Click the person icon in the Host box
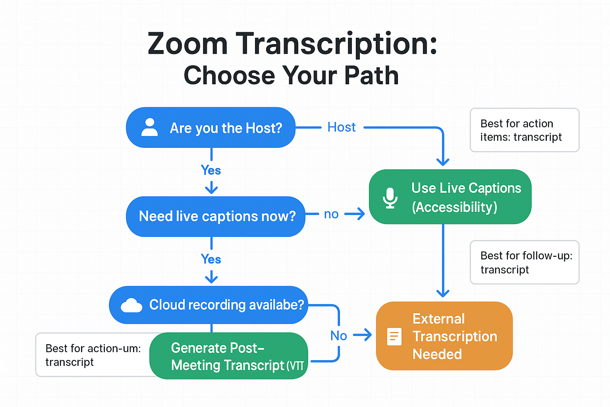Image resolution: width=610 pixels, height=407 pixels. click(x=149, y=127)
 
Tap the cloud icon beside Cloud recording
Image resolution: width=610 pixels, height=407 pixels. click(x=131, y=305)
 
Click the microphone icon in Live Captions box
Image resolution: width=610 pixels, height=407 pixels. click(x=390, y=198)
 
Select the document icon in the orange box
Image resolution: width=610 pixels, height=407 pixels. click(x=394, y=337)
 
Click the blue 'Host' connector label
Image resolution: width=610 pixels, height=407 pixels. click(x=341, y=127)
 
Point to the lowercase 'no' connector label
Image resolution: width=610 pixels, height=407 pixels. click(x=331, y=214)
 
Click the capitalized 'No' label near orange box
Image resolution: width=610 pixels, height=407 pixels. click(x=338, y=336)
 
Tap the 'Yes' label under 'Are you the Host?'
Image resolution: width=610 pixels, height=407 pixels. click(x=211, y=170)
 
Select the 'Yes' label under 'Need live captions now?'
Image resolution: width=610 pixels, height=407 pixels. click(x=211, y=259)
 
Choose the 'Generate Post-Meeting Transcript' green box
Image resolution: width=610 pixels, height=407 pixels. click(x=228, y=356)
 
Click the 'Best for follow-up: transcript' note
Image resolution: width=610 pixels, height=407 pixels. click(x=524, y=262)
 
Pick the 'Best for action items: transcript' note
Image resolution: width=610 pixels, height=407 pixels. click(x=524, y=130)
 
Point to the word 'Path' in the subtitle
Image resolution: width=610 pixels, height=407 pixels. click(x=372, y=76)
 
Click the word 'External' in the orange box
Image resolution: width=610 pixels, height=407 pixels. click(x=438, y=319)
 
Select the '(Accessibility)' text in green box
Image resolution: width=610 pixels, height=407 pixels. click(x=454, y=207)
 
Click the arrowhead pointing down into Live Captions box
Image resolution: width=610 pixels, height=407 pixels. click(x=443, y=162)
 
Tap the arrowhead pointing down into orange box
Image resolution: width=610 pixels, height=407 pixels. click(x=443, y=293)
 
